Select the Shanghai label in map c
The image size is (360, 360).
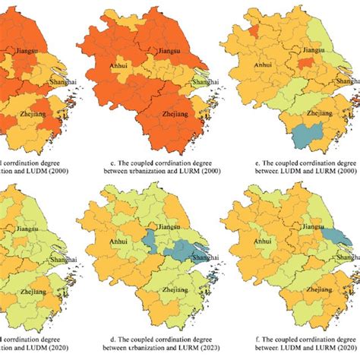tap(205, 82)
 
